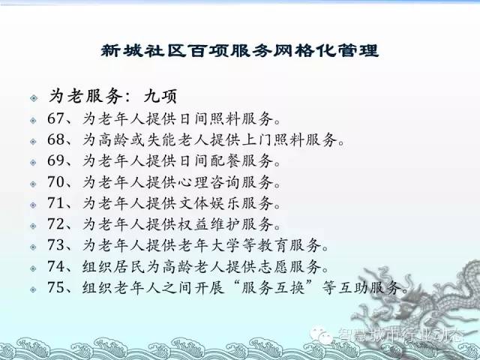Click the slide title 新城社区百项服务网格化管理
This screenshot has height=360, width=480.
tap(240, 50)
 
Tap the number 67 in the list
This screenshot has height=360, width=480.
tap(55, 118)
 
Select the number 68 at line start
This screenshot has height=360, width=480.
tap(55, 139)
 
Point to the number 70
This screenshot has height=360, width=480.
tap(55, 181)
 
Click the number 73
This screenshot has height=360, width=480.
tap(55, 245)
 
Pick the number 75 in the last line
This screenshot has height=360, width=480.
tap(55, 287)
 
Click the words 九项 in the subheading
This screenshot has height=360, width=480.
tap(160, 97)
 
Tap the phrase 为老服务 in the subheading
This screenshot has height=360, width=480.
tap(85, 97)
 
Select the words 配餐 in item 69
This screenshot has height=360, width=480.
tap(226, 161)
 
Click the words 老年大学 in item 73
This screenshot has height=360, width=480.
tap(210, 245)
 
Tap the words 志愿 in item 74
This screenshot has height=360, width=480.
tap(274, 267)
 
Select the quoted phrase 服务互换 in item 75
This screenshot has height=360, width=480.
tap(274, 288)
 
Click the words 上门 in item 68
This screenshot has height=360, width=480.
tap(258, 140)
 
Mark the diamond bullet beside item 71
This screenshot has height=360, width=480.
tap(33, 205)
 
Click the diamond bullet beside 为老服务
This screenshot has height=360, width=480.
tap(34, 98)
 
